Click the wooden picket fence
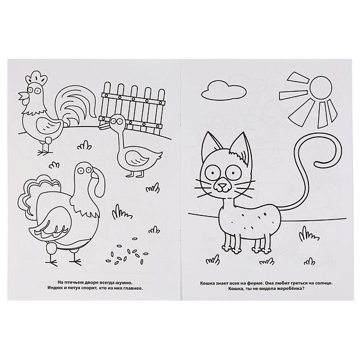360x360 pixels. point(132,107)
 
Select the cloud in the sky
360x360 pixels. point(223,91)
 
